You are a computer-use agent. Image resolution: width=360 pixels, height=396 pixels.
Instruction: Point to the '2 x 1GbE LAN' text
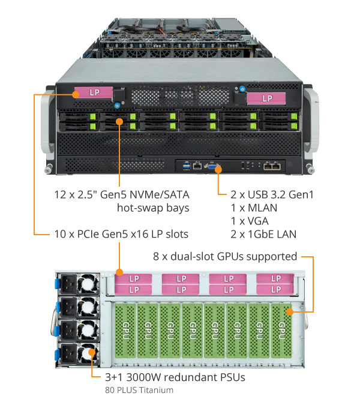pos(263,234)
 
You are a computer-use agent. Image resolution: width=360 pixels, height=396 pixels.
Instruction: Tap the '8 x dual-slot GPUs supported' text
pos(226,256)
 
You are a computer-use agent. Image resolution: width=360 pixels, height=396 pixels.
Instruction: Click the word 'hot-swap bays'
pos(153,208)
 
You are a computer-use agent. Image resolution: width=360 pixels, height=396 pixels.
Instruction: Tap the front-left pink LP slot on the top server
pos(93,93)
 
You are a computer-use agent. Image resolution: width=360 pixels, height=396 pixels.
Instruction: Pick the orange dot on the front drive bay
pos(119,121)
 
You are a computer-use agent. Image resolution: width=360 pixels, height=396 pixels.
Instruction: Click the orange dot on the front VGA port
pos(218,170)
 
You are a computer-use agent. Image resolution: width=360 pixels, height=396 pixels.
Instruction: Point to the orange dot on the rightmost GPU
pos(289,311)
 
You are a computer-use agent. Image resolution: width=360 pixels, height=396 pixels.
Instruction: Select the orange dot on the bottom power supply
pos(91,354)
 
